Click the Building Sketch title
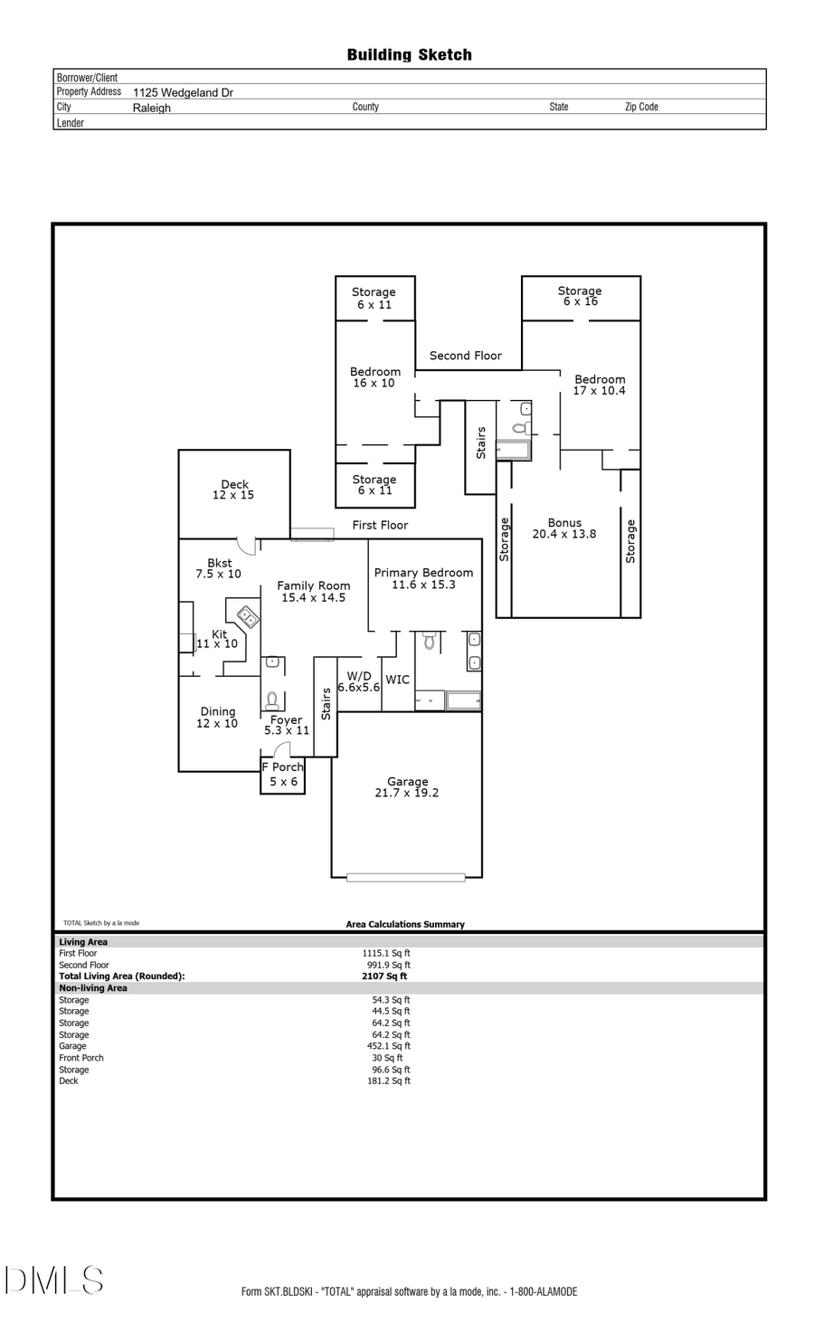pyautogui.click(x=409, y=55)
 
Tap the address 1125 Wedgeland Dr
pyautogui.click(x=183, y=92)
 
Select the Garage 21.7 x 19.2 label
pyautogui.click(x=407, y=787)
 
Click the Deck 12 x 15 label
pyautogui.click(x=233, y=490)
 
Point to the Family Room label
pyautogui.click(x=313, y=591)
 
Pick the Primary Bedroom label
pyautogui.click(x=423, y=578)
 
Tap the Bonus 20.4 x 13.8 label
pyautogui.click(x=564, y=528)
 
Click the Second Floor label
pyautogui.click(x=465, y=356)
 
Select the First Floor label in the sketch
pyautogui.click(x=380, y=525)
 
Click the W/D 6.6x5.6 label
pyautogui.click(x=359, y=681)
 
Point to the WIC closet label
pyautogui.click(x=397, y=680)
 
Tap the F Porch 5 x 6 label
pyautogui.click(x=283, y=774)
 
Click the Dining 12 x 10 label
pyautogui.click(x=217, y=717)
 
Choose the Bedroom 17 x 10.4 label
pyautogui.click(x=599, y=385)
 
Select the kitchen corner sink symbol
pyautogui.click(x=248, y=618)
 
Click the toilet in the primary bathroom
pyautogui.click(x=431, y=642)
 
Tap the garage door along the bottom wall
pyautogui.click(x=405, y=877)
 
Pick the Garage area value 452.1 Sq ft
pyautogui.click(x=388, y=1046)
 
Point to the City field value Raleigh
pyautogui.click(x=152, y=108)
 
